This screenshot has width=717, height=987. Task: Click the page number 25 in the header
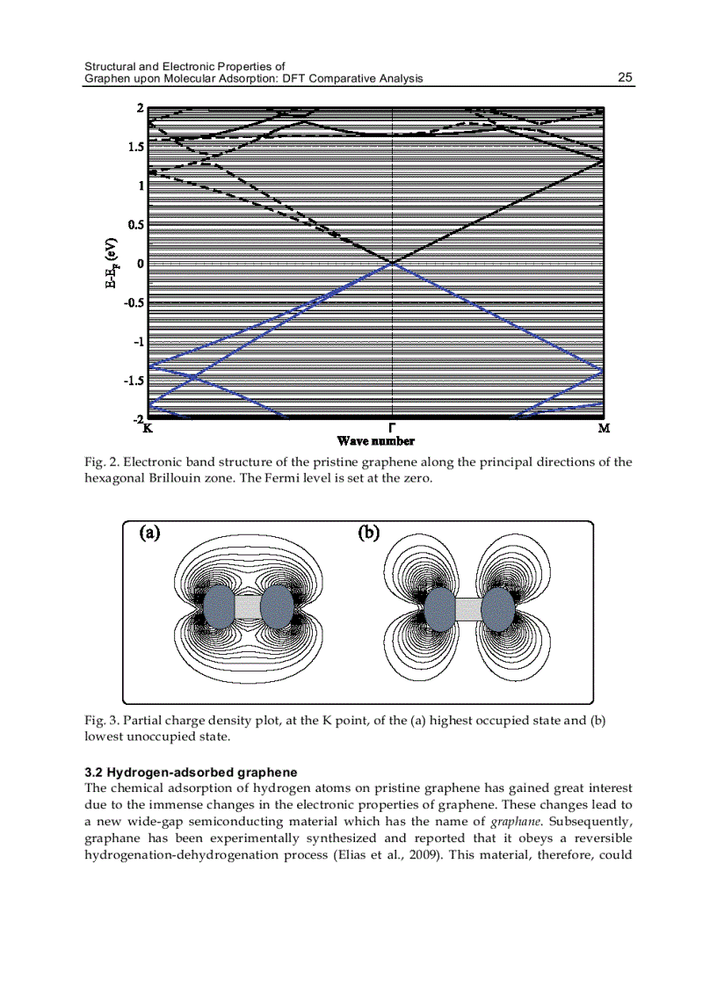(625, 77)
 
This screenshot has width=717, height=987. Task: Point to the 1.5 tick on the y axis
(134, 147)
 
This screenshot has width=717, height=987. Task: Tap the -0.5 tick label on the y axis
(133, 302)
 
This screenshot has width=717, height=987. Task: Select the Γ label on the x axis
(392, 427)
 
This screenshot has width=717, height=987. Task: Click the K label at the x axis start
(147, 429)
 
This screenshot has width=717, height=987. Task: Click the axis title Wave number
(376, 441)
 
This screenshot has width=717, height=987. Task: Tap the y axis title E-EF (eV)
(112, 263)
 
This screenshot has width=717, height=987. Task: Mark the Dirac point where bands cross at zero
(392, 262)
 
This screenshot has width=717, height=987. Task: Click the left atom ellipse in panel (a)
(219, 606)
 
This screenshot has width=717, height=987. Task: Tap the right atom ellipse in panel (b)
(498, 608)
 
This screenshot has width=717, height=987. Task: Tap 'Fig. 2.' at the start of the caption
(101, 462)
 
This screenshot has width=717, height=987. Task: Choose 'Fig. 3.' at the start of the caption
(101, 721)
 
